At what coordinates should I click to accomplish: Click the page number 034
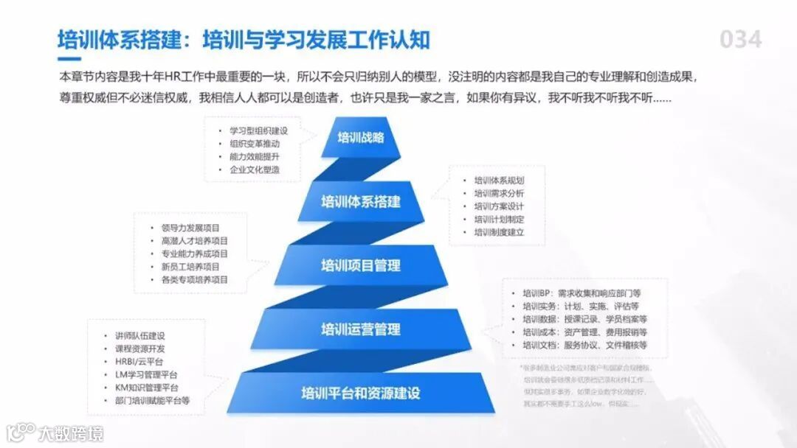coord(740,39)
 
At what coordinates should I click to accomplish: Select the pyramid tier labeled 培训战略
coord(361,137)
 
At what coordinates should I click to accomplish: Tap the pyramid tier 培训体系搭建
coord(361,200)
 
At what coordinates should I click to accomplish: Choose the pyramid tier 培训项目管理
coord(361,265)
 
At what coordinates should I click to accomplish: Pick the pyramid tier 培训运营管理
coord(361,329)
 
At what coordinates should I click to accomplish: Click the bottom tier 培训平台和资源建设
coord(361,393)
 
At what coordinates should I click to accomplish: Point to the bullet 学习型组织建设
coord(258,130)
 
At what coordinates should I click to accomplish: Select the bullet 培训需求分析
coord(499,193)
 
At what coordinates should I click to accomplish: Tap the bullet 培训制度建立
coord(499,233)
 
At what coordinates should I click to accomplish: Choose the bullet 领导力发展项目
coord(190,228)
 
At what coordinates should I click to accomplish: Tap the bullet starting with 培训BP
coord(581,293)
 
